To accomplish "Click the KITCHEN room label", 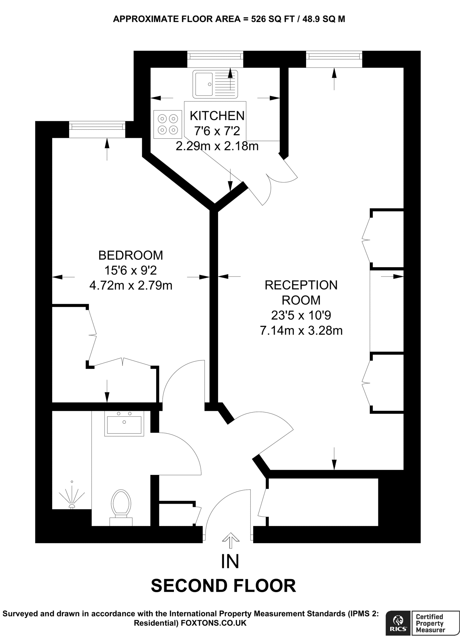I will [x=217, y=116].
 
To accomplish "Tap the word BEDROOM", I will [x=131, y=255].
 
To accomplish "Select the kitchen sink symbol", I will [x=215, y=84].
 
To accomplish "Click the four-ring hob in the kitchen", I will [x=168, y=124].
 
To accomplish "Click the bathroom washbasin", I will [x=124, y=424].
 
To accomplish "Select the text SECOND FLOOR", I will [x=223, y=586].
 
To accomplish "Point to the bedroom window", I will [x=97, y=127].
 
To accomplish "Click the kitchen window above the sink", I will [x=215, y=56].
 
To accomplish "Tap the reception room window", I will [x=334, y=56].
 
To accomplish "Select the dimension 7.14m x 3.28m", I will [x=301, y=330].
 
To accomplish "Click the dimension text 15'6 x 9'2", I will [x=131, y=270].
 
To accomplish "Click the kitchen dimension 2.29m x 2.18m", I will [x=217, y=146].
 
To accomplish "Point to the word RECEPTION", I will [x=301, y=285].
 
